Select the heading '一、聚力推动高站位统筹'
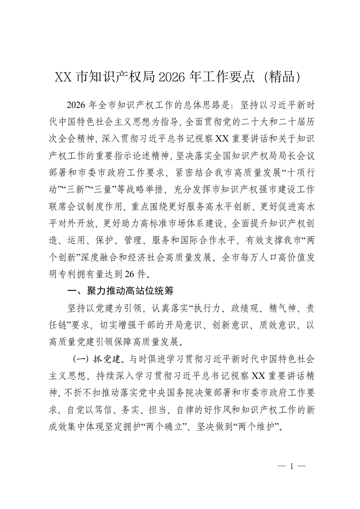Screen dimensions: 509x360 coord(120,290)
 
